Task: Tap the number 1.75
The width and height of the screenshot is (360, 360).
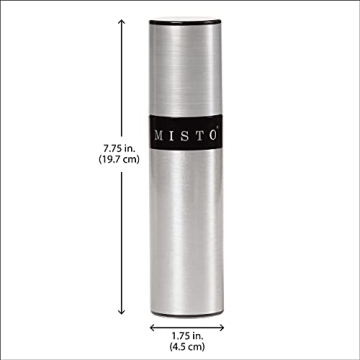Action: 173,339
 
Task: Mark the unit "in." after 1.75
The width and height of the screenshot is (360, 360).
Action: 193,339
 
